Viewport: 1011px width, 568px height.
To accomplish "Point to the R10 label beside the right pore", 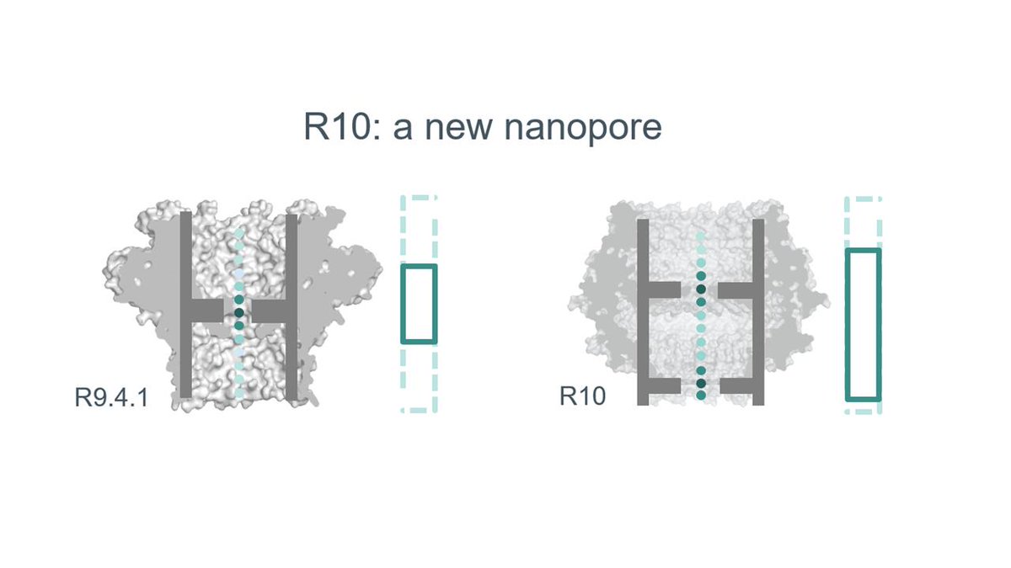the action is click(582, 395).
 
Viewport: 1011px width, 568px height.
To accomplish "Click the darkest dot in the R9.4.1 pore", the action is click(239, 312).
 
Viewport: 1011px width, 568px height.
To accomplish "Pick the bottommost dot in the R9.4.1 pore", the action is click(239, 392).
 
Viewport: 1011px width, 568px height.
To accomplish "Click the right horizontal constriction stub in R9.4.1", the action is click(271, 311).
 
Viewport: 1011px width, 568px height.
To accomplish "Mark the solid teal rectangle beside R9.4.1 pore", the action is click(419, 304).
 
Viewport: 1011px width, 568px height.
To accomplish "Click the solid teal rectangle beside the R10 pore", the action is click(863, 324).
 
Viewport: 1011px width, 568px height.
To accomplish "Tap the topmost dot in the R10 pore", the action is click(701, 236).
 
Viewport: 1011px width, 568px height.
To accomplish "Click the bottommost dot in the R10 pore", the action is click(701, 395).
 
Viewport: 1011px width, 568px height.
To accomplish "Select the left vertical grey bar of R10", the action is click(643, 312).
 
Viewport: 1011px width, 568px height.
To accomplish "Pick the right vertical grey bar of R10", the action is click(758, 312).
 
